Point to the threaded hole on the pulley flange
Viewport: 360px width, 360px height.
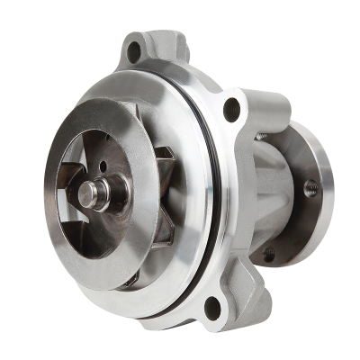click(x=311, y=189)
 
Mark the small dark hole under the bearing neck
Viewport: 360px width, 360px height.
click(x=267, y=255)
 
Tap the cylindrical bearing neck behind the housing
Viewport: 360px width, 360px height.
click(x=270, y=193)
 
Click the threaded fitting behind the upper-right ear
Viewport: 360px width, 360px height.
click(x=261, y=135)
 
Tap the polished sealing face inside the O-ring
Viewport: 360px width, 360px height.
click(x=193, y=261)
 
